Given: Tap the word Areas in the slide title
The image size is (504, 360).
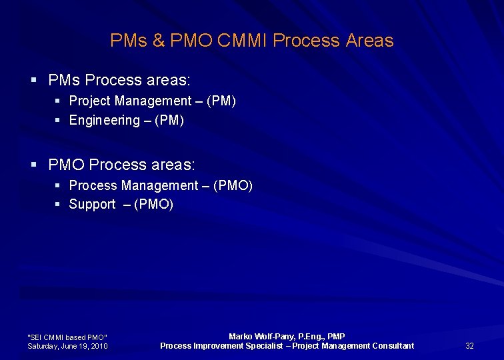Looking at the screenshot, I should click(x=369, y=41).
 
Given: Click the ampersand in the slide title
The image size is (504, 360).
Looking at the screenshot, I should click(x=158, y=41).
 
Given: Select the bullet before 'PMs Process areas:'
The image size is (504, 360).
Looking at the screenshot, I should click(x=33, y=80).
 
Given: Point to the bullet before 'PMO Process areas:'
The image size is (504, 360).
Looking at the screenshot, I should click(x=33, y=164).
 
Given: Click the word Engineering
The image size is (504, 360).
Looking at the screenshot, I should click(x=105, y=121).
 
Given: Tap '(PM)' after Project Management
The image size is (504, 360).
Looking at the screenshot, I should click(x=221, y=101).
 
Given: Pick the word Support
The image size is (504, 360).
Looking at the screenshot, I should click(x=92, y=205).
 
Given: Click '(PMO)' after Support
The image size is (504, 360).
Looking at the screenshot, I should click(x=153, y=205).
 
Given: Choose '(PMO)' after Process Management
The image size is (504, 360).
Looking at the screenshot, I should click(x=233, y=185).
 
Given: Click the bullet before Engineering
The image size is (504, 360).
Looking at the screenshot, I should click(x=59, y=121).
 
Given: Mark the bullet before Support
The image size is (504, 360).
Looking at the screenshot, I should click(x=59, y=205).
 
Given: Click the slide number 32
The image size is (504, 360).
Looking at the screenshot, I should click(x=469, y=345).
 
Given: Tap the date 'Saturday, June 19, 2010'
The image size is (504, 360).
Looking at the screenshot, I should click(x=67, y=346).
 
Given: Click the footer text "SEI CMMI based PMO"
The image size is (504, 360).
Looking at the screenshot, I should click(x=67, y=337).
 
